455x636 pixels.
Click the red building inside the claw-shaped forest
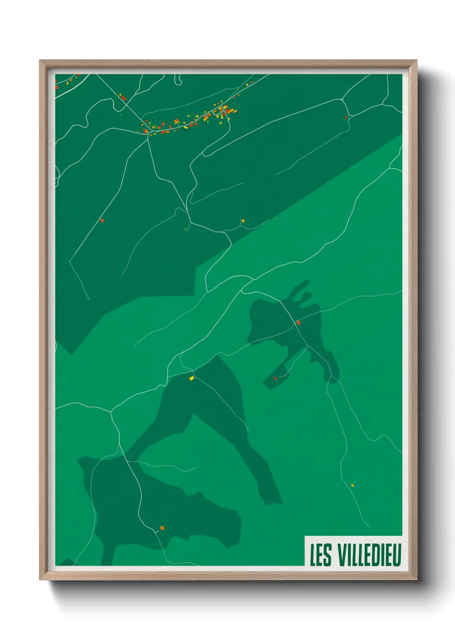coord(298,322)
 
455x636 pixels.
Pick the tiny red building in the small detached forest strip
coord(275,378)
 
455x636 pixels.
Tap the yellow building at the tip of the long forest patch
coord(192,378)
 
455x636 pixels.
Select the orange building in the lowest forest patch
coord(162,528)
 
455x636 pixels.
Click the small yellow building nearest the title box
coord(352,485)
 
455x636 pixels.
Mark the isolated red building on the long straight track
coord(102,220)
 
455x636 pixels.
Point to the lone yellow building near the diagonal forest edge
coord(243,221)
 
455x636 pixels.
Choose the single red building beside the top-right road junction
coord(346,117)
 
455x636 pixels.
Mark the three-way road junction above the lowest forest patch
coord(111,411)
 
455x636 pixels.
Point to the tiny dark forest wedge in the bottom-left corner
coord(66,562)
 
